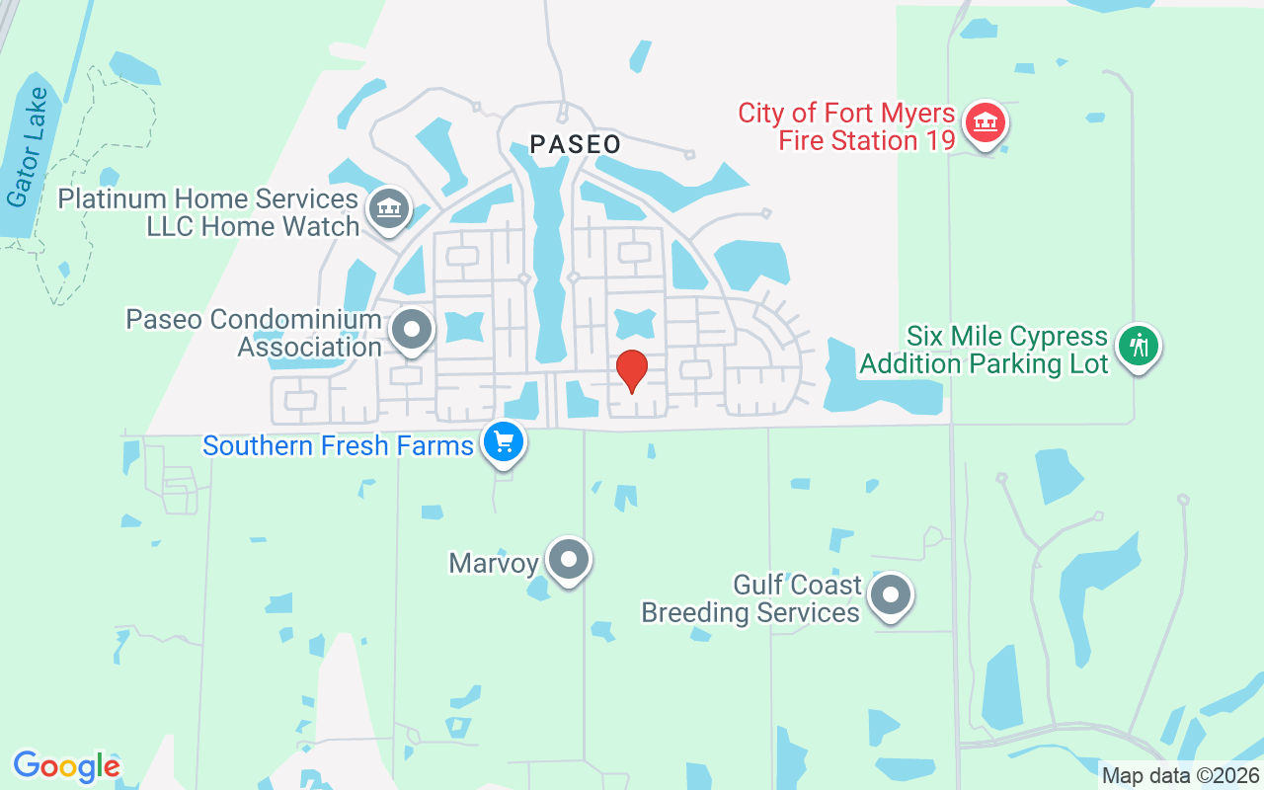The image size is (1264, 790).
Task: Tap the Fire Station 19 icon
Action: click(985, 123)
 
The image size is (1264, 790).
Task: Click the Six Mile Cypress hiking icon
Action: click(1140, 346)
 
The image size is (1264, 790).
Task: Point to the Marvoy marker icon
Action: click(568, 560)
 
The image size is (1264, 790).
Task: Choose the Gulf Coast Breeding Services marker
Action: click(892, 595)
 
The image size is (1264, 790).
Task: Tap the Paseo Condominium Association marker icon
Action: click(412, 330)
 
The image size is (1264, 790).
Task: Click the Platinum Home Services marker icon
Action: click(390, 208)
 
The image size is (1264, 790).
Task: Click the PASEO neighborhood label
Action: click(576, 144)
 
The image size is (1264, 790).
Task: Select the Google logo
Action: click(66, 766)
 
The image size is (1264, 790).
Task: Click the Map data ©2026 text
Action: click(1181, 776)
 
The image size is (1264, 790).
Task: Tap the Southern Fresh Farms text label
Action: click(338, 445)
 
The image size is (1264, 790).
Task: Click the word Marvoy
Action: click(493, 564)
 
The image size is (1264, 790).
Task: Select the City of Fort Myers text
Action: click(846, 113)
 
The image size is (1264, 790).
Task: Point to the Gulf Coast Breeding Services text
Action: click(750, 599)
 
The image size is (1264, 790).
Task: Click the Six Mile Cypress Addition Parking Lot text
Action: click(984, 350)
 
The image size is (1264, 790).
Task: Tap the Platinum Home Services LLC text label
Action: click(208, 212)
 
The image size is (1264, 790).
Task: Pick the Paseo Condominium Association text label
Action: click(254, 334)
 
